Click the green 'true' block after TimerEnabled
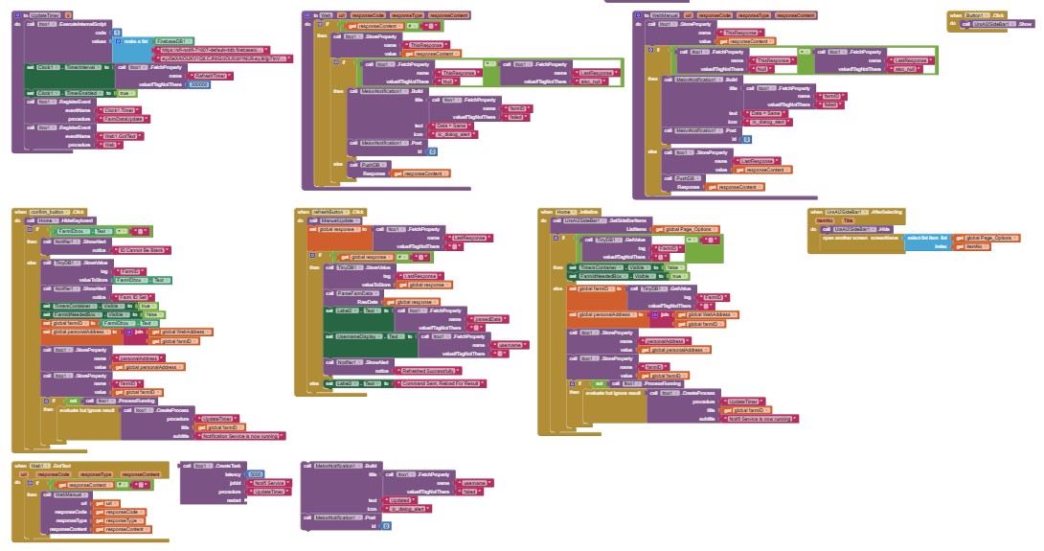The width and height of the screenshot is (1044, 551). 124,92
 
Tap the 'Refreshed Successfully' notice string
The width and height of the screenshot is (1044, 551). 426,369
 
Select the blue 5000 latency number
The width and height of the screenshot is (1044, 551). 256,474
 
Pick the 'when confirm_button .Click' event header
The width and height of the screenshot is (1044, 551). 53,211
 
